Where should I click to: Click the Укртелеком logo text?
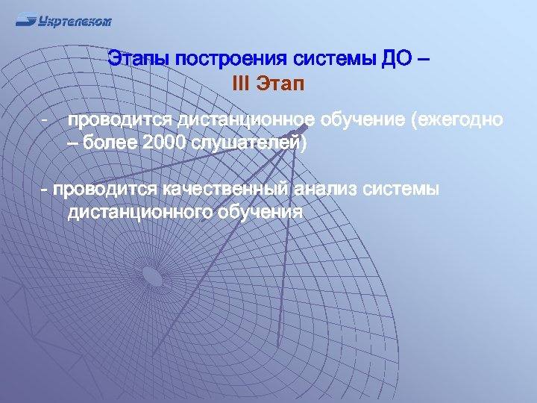(x=75, y=21)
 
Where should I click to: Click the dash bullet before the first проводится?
(x=45, y=120)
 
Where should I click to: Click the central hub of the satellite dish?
(x=152, y=277)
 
